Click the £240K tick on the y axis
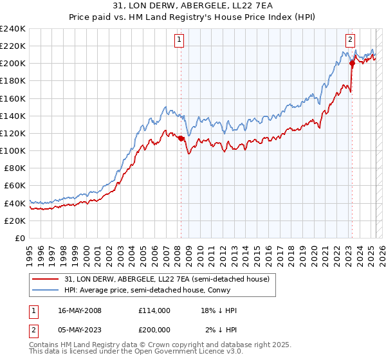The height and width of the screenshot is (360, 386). coord(13,28)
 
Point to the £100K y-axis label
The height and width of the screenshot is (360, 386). coord(13,150)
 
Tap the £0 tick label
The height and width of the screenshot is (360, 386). coord(19,238)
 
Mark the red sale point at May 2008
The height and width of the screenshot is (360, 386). coord(181,138)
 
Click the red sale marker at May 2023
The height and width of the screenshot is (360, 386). coord(352,63)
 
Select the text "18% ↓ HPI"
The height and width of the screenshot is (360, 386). coord(219,310)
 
